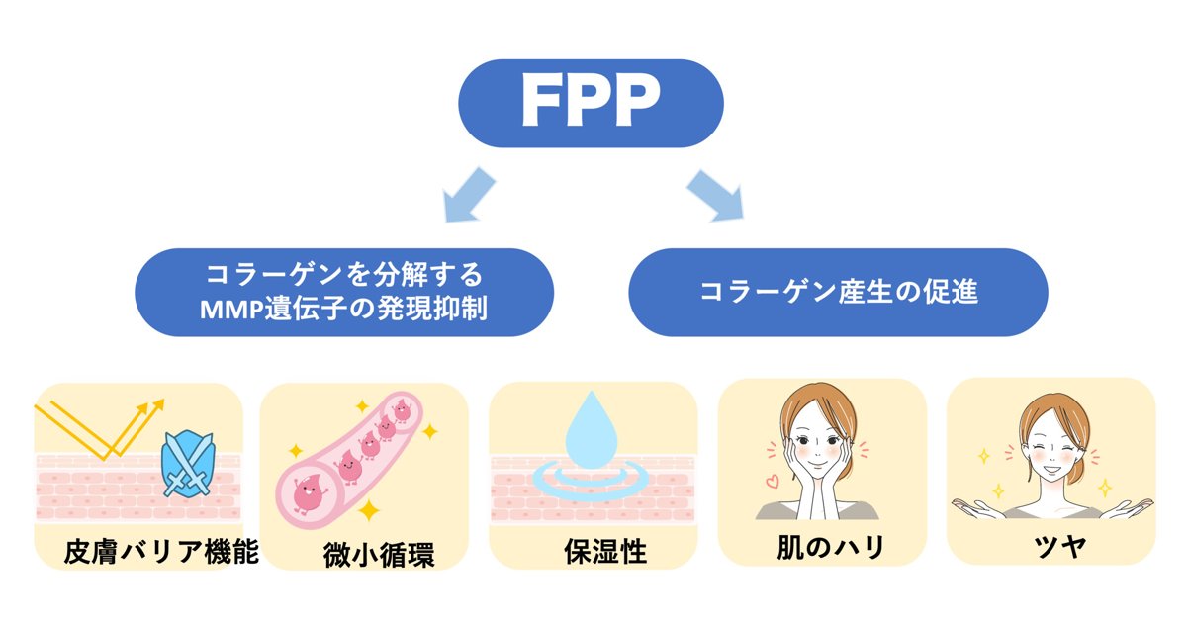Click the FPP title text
(x=591, y=101)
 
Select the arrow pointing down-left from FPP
(x=469, y=195)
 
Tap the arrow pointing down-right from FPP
(x=715, y=195)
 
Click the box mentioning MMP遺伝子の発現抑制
(x=344, y=293)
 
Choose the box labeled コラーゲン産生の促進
(x=839, y=293)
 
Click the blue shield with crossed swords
(x=188, y=465)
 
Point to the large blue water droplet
(x=592, y=429)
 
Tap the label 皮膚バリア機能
(x=161, y=551)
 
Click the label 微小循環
(x=379, y=554)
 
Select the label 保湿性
(x=605, y=551)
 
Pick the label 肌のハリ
(x=830, y=547)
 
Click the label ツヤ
(x=1059, y=547)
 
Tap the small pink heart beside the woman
(x=773, y=481)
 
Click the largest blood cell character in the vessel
(x=309, y=494)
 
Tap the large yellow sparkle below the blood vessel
(x=368, y=510)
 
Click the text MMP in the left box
(x=231, y=310)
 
